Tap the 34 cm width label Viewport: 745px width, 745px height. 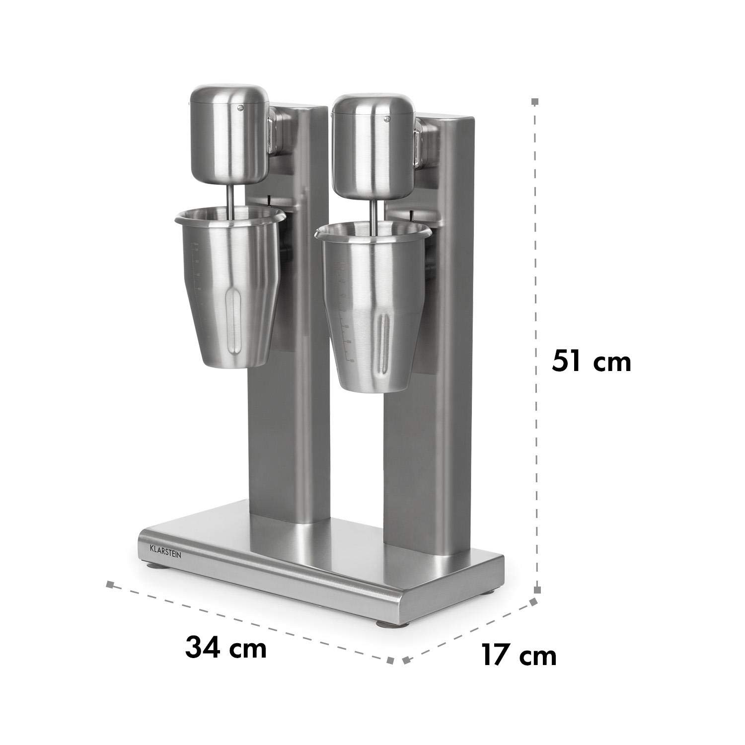226,647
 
